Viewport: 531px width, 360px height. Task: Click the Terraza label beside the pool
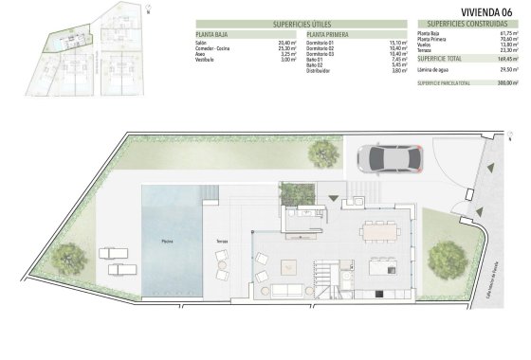[221, 242]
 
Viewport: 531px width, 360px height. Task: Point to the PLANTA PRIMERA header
[325, 34]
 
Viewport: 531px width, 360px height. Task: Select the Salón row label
[201, 43]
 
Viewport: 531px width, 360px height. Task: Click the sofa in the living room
[284, 293]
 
